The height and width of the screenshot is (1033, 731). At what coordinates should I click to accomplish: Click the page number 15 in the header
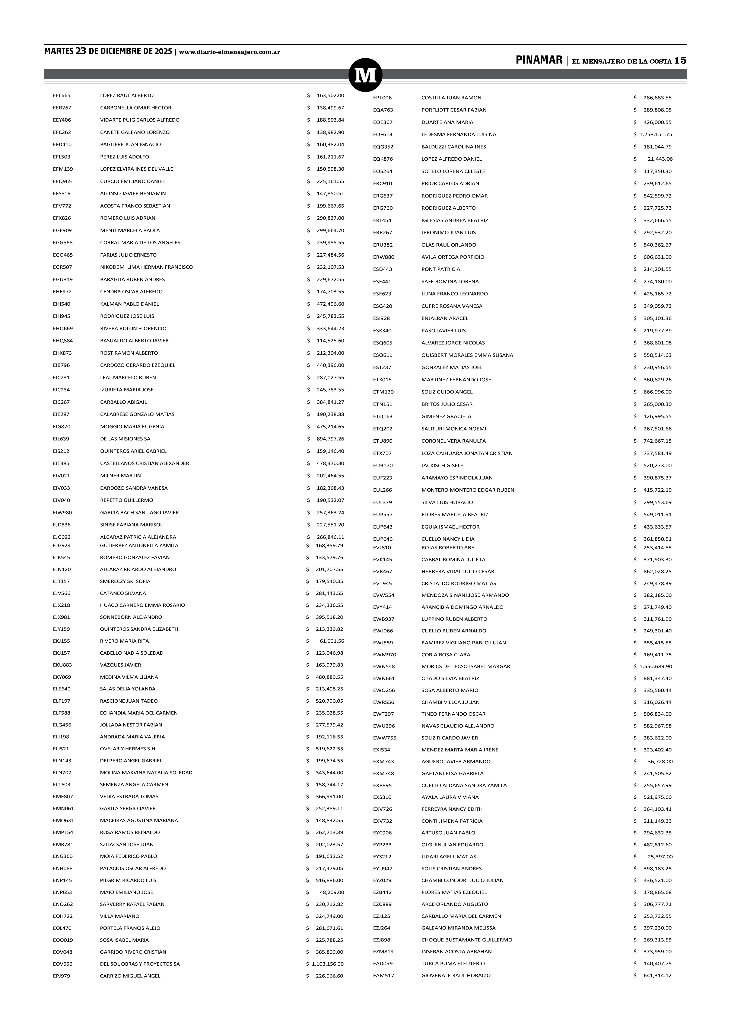[x=680, y=61]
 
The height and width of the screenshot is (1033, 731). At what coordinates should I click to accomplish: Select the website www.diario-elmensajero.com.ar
[x=230, y=52]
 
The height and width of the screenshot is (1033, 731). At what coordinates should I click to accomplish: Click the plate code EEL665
[x=62, y=95]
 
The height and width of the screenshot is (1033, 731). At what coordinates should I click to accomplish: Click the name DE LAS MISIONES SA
[x=125, y=439]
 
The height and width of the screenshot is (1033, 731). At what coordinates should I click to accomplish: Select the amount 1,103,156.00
[x=327, y=964]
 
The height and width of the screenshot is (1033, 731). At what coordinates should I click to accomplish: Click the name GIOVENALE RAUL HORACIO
[x=456, y=975]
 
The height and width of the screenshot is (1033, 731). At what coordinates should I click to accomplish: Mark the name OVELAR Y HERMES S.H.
[x=128, y=749]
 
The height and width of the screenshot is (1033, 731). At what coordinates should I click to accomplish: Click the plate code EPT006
[x=382, y=98]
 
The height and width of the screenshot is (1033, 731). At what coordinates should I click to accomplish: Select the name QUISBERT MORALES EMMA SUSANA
[x=467, y=355]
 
